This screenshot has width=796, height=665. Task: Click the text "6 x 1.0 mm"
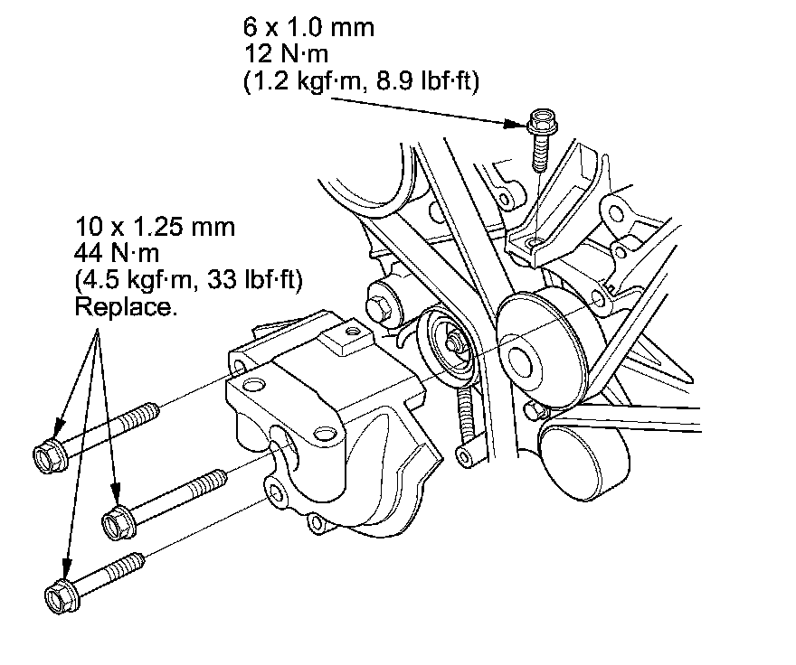click(308, 27)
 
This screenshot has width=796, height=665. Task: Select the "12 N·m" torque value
click(283, 54)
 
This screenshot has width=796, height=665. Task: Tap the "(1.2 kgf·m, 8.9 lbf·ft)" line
click(361, 81)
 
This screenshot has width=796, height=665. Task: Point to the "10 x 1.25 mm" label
click(156, 227)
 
